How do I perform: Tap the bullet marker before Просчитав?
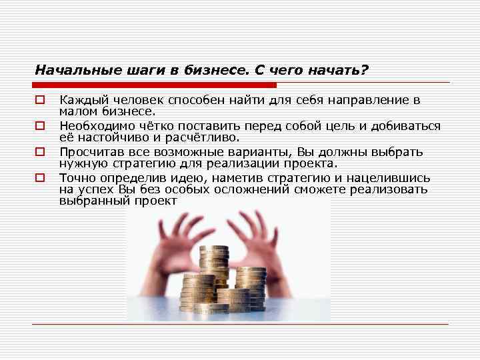pos(40,152)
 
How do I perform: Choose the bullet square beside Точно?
pos(40,178)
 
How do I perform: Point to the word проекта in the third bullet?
pos(309,164)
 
